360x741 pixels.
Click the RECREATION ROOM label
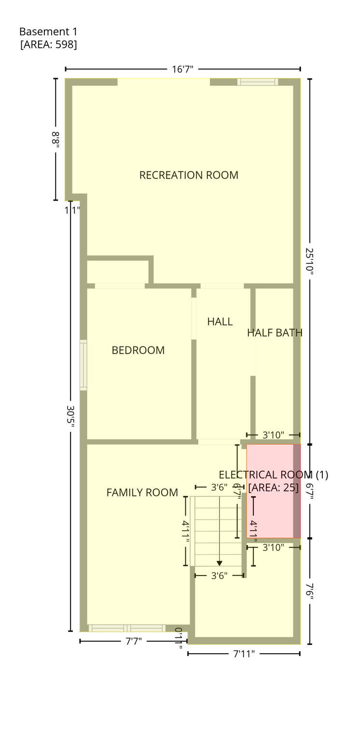click(x=189, y=175)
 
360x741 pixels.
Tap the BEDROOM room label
click(x=138, y=350)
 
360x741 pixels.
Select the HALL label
click(x=220, y=321)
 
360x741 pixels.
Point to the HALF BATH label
click(x=275, y=332)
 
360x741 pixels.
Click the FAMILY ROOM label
click(x=142, y=493)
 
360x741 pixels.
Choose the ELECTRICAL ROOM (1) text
click(x=273, y=475)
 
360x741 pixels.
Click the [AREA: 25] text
click(x=273, y=488)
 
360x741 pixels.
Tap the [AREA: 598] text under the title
click(x=48, y=44)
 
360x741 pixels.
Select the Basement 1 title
click(x=48, y=32)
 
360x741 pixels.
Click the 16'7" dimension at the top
click(x=182, y=69)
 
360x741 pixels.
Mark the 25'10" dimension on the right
click(x=309, y=261)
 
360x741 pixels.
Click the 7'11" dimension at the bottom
click(x=244, y=654)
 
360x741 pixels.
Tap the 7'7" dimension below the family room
click(x=134, y=641)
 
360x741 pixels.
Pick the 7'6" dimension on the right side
click(x=309, y=591)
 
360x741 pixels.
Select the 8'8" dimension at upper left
click(x=56, y=139)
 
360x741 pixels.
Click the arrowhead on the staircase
click(x=220, y=563)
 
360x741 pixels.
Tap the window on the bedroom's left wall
click(x=83, y=365)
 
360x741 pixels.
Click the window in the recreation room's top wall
click(x=258, y=82)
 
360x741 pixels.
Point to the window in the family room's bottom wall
click(x=127, y=628)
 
